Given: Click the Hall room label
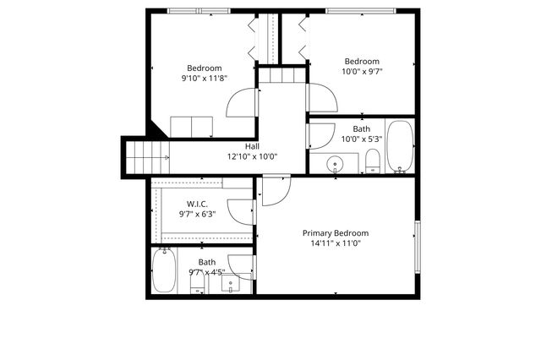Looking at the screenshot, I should click(252, 146).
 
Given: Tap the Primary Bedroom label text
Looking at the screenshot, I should click(336, 233).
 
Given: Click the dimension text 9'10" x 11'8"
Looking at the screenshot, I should click(204, 79).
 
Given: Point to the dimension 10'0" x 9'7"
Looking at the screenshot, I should click(361, 72).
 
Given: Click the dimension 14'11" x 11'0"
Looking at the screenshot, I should click(336, 243).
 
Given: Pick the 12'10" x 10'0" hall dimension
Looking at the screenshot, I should click(252, 156).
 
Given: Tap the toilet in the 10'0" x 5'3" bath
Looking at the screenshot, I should click(372, 160).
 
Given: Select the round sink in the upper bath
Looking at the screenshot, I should click(336, 163).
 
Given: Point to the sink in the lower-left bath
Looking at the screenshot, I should click(230, 284).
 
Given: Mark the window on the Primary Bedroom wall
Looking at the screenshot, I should click(416, 246).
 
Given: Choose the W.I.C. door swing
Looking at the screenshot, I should click(242, 211).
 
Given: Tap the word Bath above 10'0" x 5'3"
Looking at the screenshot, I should click(361, 128).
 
